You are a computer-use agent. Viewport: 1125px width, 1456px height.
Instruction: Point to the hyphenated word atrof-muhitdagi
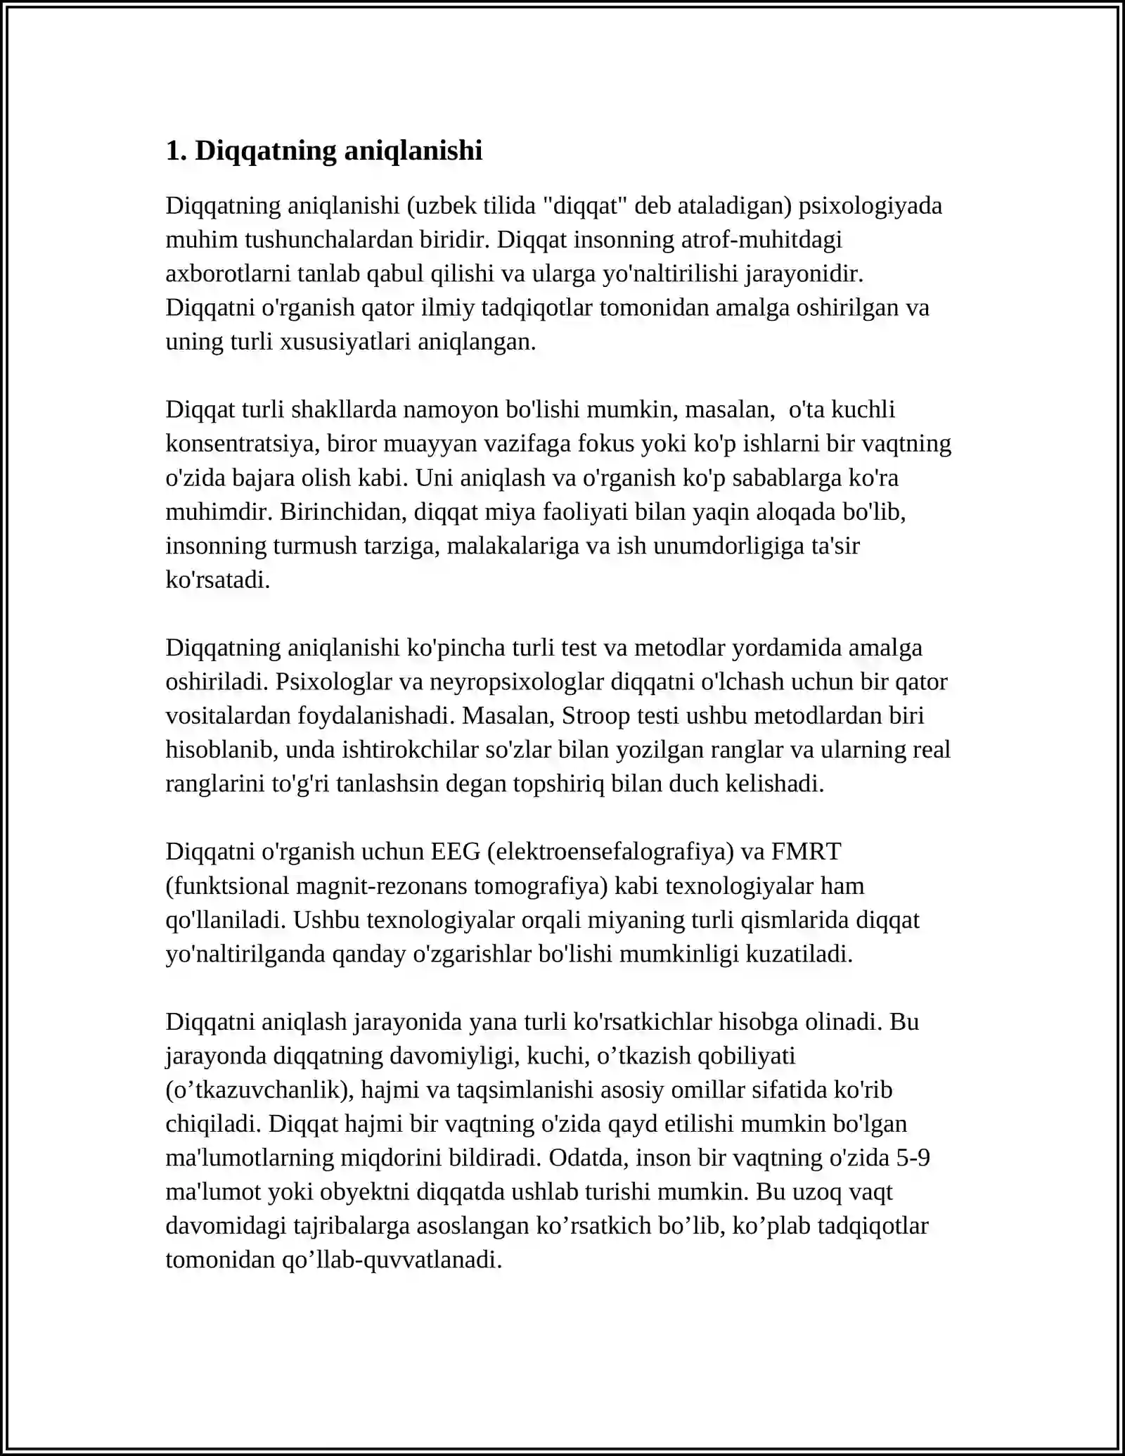pyautogui.click(x=761, y=240)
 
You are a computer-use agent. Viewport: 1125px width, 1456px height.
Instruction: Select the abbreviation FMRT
pyautogui.click(x=806, y=852)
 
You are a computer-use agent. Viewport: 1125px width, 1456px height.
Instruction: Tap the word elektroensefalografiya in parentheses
pyautogui.click(x=610, y=852)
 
